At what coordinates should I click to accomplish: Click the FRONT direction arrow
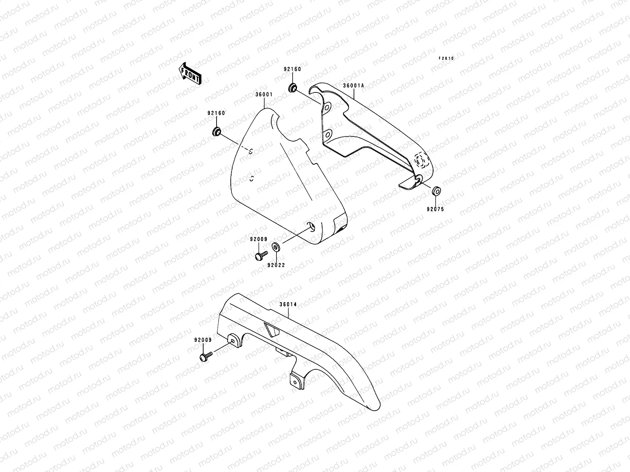pyautogui.click(x=190, y=74)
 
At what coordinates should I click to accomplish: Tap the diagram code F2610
pyautogui.click(x=447, y=58)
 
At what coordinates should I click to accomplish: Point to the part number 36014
pyautogui.click(x=289, y=304)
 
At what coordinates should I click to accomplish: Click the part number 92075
pyautogui.click(x=435, y=209)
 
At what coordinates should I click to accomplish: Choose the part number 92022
pyautogui.click(x=277, y=265)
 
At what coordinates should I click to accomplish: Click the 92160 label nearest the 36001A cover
pyautogui.click(x=292, y=69)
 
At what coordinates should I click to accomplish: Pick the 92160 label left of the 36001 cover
pyautogui.click(x=216, y=113)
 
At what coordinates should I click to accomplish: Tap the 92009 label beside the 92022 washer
pyautogui.click(x=258, y=239)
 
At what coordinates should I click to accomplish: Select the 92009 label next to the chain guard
pyautogui.click(x=203, y=340)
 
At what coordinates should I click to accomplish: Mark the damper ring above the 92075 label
pyautogui.click(x=436, y=192)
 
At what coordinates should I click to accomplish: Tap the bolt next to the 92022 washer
pyautogui.click(x=261, y=256)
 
